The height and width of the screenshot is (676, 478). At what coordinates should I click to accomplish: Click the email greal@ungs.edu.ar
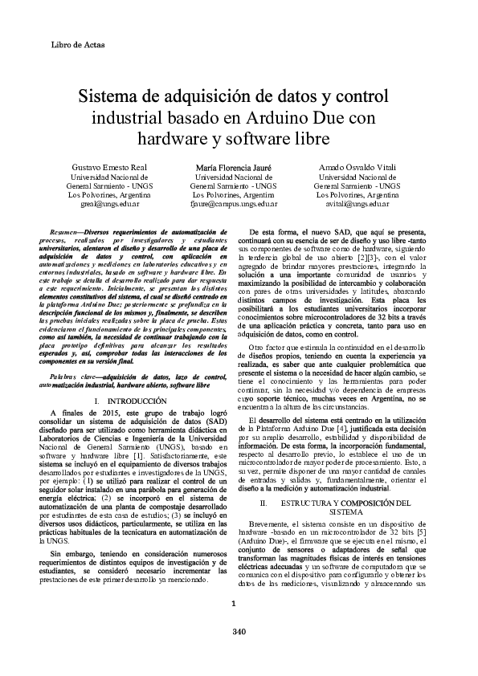[108, 205]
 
